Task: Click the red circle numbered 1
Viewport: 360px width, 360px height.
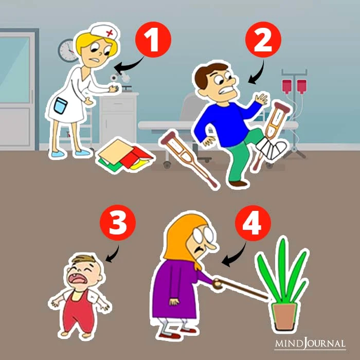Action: pos(153,40)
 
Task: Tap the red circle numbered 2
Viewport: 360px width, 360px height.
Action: pos(263,40)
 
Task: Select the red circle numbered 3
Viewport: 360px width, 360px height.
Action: pos(118,223)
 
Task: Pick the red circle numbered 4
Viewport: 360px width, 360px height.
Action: pos(253,223)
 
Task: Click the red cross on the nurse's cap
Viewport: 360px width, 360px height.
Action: pos(110,33)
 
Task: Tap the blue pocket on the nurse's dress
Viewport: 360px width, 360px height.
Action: pos(61,105)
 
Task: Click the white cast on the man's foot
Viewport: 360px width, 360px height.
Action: pos(272,148)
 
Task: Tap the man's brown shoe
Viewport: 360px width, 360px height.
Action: pos(238,184)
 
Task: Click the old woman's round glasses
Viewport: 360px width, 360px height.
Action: pos(203,235)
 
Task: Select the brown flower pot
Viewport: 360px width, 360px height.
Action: pos(284,317)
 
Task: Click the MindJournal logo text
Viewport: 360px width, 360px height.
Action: pos(310,344)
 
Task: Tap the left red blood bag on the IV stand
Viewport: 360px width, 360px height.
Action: pos(287,86)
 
